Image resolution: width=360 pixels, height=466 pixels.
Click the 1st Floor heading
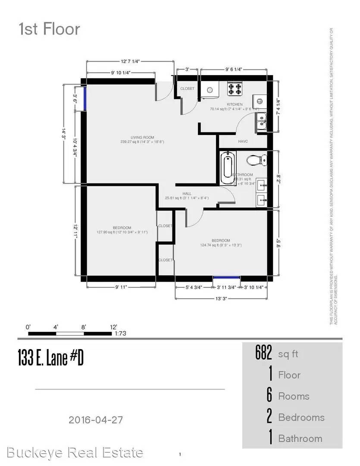(x=49, y=29)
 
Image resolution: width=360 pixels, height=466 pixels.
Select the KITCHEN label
(x=235, y=104)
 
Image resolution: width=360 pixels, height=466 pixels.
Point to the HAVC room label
(x=243, y=141)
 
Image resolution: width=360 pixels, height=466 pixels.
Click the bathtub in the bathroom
(x=227, y=167)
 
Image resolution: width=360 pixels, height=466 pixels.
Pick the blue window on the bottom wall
(x=227, y=278)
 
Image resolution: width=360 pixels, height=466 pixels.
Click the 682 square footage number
(x=264, y=354)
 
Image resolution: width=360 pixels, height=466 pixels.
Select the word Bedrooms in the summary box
(x=301, y=417)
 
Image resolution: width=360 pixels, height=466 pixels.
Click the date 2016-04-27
(x=98, y=419)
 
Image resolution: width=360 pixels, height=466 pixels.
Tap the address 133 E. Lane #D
(x=50, y=358)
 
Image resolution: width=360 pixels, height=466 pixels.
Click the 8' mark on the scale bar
(x=84, y=327)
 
